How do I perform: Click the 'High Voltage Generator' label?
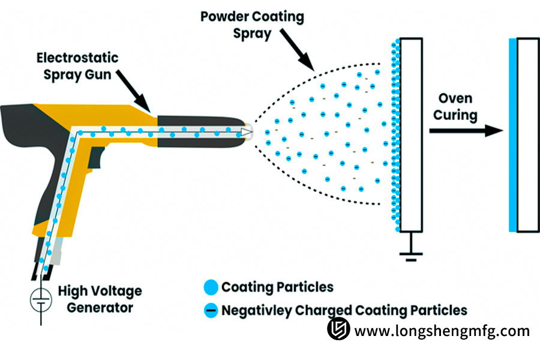[100, 299]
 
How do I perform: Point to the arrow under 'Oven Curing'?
[466, 129]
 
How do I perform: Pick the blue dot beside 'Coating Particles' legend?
[210, 287]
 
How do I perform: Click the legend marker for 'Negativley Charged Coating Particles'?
[210, 311]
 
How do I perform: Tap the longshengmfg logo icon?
[338, 329]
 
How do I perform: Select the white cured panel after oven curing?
[528, 135]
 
